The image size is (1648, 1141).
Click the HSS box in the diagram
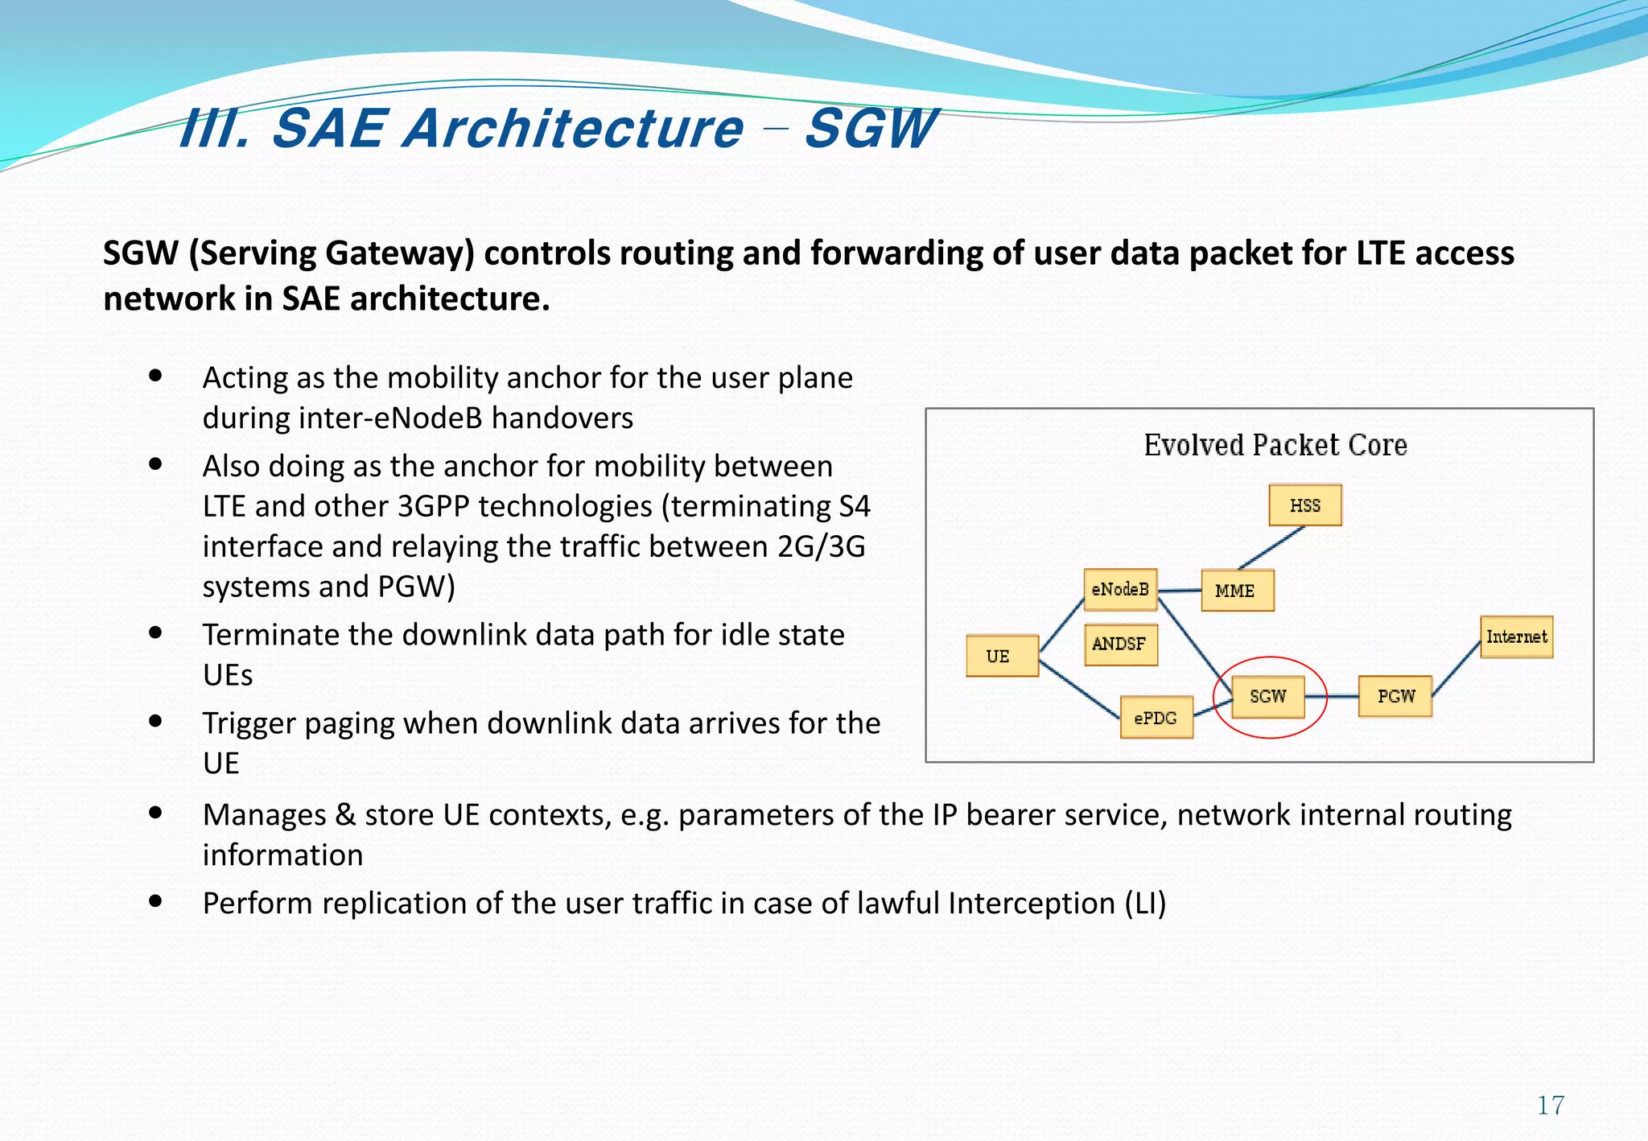click(1304, 505)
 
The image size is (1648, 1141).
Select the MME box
click(1237, 591)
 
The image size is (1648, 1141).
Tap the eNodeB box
click(1120, 589)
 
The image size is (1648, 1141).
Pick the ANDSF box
click(1120, 644)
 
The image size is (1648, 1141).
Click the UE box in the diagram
click(1001, 656)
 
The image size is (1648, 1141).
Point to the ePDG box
click(1156, 718)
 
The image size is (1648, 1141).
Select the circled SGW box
click(1268, 696)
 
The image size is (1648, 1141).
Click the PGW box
click(1395, 696)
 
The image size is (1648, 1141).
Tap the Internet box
click(1516, 636)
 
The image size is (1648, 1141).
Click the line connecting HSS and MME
click(1271, 548)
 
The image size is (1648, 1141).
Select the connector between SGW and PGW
click(1332, 696)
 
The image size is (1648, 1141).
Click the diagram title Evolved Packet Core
click(1275, 445)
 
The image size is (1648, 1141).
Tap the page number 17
click(1551, 1105)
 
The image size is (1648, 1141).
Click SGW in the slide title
click(871, 129)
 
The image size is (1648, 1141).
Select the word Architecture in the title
click(573, 129)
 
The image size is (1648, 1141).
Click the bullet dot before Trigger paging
click(156, 721)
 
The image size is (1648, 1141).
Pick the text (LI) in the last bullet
click(1145, 903)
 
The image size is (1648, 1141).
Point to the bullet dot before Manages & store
click(156, 813)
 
